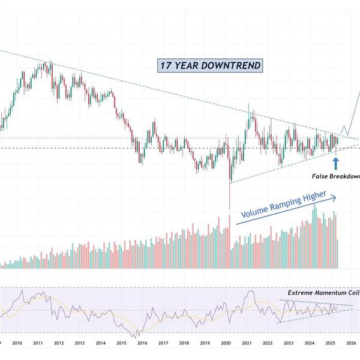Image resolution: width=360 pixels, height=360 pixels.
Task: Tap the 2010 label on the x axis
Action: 17,343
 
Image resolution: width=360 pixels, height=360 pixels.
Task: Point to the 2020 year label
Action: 226,343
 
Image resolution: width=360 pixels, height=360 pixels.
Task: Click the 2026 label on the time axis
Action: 351,343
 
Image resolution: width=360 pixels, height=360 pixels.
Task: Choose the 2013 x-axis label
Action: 79,343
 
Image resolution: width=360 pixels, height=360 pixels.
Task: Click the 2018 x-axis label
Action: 184,343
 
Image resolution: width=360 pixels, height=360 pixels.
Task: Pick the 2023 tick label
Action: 289,343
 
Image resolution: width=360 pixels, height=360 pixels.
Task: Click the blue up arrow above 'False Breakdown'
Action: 335,161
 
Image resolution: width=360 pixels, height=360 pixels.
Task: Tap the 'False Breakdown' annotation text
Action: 335,176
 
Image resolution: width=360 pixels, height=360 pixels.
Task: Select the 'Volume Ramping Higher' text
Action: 284,205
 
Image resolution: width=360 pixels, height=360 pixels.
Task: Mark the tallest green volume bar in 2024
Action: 314,237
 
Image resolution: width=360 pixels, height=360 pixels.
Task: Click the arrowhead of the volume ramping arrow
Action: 335,197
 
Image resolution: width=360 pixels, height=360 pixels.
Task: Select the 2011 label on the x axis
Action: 37,343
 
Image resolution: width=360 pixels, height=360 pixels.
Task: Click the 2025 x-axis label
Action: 331,343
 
